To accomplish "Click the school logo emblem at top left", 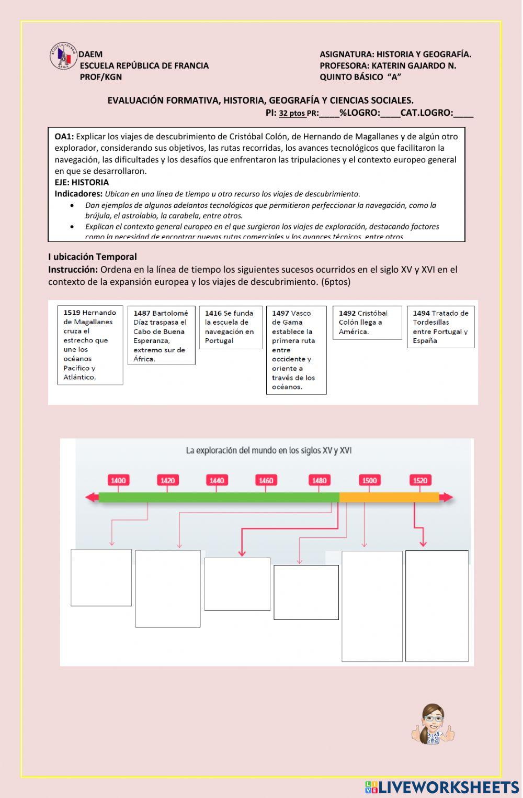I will tap(63, 56).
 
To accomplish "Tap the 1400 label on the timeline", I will tap(118, 480).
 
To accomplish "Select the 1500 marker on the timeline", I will tap(369, 480).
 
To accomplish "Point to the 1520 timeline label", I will tap(420, 480).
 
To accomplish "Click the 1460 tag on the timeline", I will tap(266, 480).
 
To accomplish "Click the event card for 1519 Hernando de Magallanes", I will tap(90, 345).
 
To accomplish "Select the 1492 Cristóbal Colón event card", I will tap(367, 323).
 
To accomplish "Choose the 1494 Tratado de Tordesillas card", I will tap(440, 327).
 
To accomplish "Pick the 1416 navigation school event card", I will tap(230, 327).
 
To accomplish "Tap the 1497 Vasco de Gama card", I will tap(296, 350).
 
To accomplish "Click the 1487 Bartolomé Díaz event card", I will tap(161, 336).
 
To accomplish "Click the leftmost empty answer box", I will tap(101, 578).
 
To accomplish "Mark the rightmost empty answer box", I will tap(437, 606).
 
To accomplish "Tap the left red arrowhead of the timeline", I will tap(92, 497).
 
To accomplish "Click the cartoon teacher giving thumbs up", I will tap(433, 725).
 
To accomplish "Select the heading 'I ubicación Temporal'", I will tap(93, 257).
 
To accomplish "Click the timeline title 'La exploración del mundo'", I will tap(268, 450).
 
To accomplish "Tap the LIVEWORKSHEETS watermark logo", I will tap(442, 787).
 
